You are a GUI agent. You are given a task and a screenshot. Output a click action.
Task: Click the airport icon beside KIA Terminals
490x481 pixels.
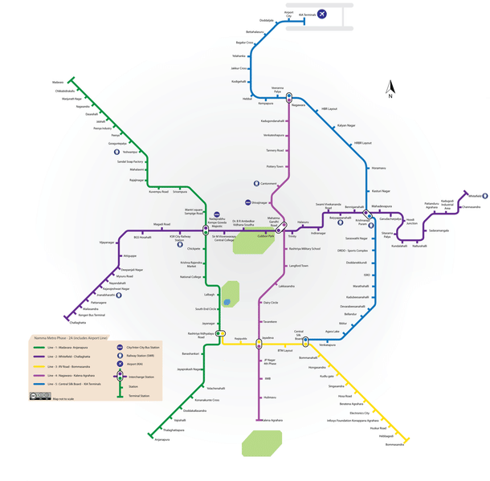(322, 14)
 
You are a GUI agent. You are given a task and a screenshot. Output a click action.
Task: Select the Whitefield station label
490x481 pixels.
(475, 195)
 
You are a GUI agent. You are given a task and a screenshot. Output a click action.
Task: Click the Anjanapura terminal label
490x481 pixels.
(162, 439)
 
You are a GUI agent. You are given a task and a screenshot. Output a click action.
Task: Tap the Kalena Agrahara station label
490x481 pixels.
(271, 420)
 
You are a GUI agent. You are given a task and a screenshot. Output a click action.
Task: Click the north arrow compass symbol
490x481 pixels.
(390, 88)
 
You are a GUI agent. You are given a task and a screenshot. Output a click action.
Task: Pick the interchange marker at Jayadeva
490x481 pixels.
(259, 344)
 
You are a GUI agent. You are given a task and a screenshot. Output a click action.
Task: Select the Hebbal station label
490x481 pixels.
(247, 99)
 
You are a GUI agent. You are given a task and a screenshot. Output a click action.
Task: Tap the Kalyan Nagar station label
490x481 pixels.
(345, 125)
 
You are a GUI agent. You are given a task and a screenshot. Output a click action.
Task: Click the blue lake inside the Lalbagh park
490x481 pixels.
(227, 303)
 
